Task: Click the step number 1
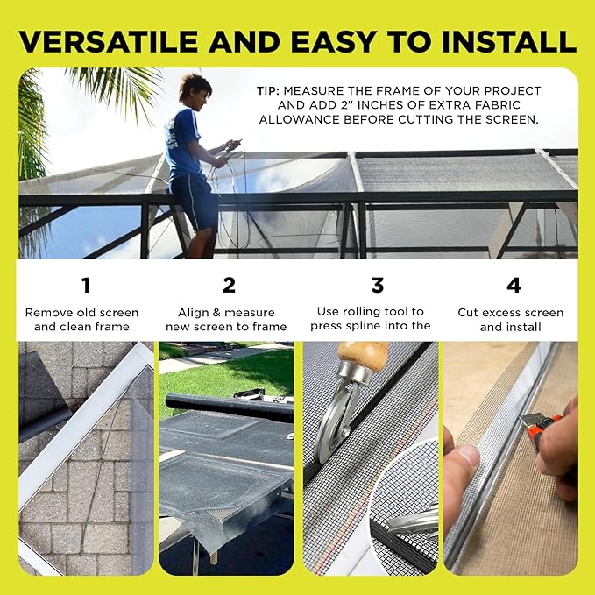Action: pyautogui.click(x=86, y=285)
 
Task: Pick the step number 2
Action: pyautogui.click(x=228, y=285)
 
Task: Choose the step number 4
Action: pyautogui.click(x=513, y=285)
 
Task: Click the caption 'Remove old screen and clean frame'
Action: pyautogui.click(x=82, y=319)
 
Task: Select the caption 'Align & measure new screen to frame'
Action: pyautogui.click(x=226, y=319)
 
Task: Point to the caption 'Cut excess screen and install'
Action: pyautogui.click(x=511, y=319)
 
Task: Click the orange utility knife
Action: pyautogui.click(x=532, y=429)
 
